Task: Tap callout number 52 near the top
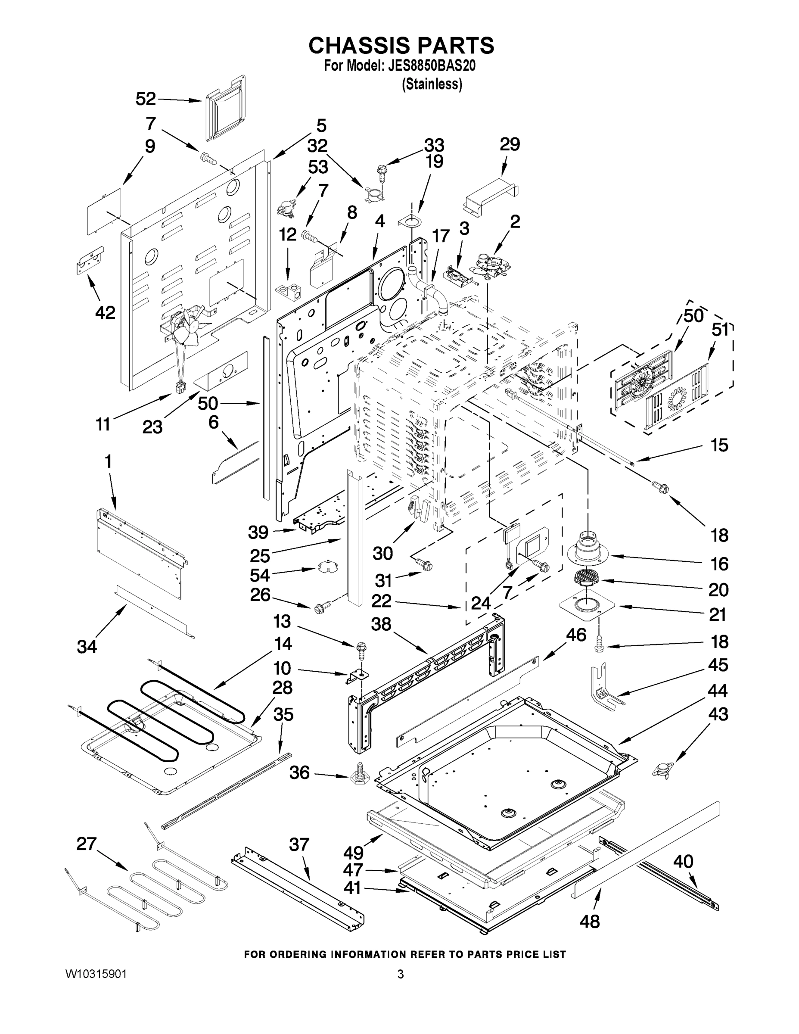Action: [145, 99]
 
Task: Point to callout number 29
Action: [510, 144]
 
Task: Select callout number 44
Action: [718, 691]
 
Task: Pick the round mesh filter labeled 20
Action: [586, 578]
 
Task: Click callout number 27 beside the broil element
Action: [87, 844]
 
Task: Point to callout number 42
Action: [105, 312]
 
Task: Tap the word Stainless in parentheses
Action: [432, 84]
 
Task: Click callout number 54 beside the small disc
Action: [260, 575]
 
